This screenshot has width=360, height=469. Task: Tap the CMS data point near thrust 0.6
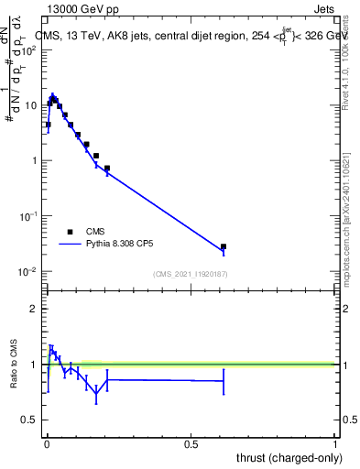tap(224, 246)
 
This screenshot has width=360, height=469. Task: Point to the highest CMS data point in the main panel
tap(53, 97)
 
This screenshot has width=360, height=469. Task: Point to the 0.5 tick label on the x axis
tap(191, 445)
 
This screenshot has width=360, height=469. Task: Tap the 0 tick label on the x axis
tap(47, 445)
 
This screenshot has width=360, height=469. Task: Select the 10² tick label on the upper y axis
tap(29, 49)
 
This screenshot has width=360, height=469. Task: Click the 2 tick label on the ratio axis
tap(34, 309)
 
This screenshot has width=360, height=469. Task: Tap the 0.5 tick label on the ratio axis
tap(30, 420)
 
